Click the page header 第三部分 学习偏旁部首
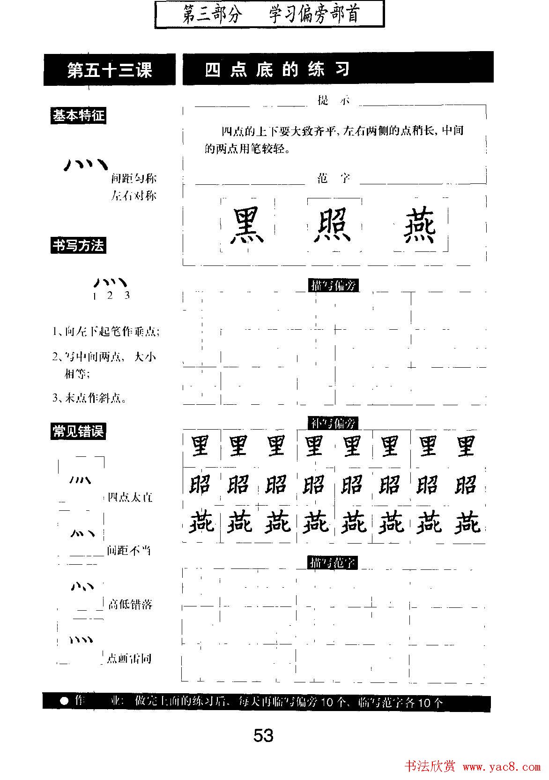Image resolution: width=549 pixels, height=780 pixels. click(x=270, y=14)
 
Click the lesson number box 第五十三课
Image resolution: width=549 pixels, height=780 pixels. click(x=110, y=70)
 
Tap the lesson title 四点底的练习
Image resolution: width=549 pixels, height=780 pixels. click(x=277, y=69)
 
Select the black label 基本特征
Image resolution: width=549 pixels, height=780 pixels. click(x=78, y=116)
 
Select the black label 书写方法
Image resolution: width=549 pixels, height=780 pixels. click(x=78, y=245)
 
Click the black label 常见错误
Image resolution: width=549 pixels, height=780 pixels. click(x=78, y=431)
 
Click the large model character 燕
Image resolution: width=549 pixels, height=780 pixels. click(x=420, y=226)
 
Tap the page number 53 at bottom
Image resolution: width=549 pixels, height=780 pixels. click(x=263, y=735)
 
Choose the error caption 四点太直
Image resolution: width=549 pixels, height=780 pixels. click(x=130, y=497)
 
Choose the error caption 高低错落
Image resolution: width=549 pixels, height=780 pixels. click(x=130, y=604)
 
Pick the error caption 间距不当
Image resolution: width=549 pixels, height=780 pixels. click(x=129, y=550)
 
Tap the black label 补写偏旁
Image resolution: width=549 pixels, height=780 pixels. click(x=333, y=423)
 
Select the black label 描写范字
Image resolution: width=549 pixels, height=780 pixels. click(x=333, y=562)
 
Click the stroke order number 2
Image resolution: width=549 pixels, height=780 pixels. click(x=110, y=295)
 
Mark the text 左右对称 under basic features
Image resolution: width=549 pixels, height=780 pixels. click(x=134, y=196)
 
